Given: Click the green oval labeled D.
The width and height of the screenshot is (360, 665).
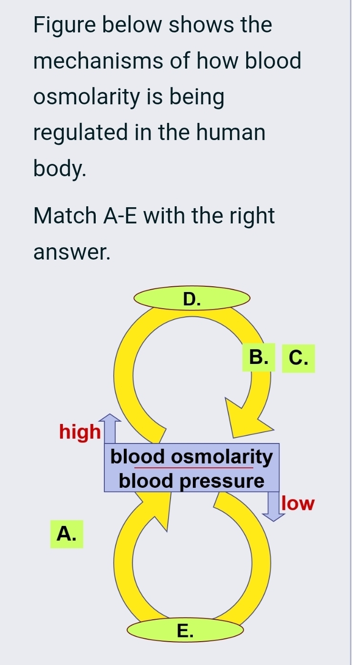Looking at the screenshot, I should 191,299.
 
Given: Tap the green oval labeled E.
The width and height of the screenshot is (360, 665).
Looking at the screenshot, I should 185,630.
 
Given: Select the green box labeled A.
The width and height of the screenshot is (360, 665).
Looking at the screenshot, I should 67,534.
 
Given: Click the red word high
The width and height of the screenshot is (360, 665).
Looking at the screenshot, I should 80,432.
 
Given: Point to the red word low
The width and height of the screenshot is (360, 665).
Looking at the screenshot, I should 299,504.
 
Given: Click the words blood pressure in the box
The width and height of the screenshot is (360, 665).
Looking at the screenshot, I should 191,481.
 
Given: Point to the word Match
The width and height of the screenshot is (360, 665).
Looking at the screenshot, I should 64,216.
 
